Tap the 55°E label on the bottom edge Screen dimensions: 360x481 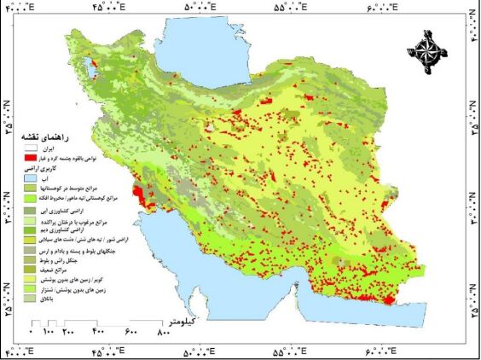(291, 351)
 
